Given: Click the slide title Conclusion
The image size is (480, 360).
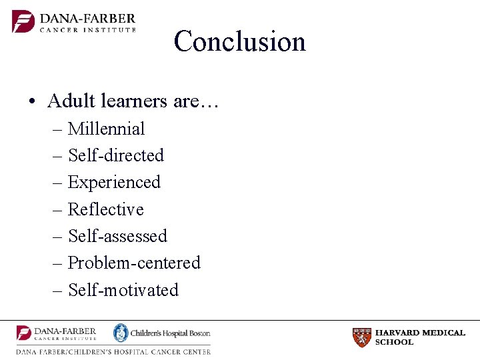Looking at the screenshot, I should point(239,41).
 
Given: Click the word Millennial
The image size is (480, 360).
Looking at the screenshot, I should point(106,129).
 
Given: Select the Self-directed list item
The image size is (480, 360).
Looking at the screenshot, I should point(115,155).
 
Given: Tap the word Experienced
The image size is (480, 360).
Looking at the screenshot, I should point(114,183).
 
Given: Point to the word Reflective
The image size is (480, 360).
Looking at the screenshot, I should point(105,209).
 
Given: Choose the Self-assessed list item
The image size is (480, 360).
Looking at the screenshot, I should point(117,236).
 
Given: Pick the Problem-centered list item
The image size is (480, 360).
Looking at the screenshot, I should point(134,263).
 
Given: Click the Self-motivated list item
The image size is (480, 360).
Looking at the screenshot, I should point(123,290).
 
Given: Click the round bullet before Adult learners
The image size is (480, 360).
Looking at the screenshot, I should point(32,101).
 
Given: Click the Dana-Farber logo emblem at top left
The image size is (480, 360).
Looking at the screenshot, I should point(23,21).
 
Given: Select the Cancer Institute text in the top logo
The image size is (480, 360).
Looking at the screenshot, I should point(87,29).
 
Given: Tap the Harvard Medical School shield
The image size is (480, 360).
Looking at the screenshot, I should point(361,337).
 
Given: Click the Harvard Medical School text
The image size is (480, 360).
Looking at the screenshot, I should point(420,337).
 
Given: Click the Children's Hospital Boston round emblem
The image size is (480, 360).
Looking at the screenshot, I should point(121,333).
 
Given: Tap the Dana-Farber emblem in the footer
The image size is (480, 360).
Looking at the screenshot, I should point(24,333).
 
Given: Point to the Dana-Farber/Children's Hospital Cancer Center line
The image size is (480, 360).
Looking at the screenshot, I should point(113,351).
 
